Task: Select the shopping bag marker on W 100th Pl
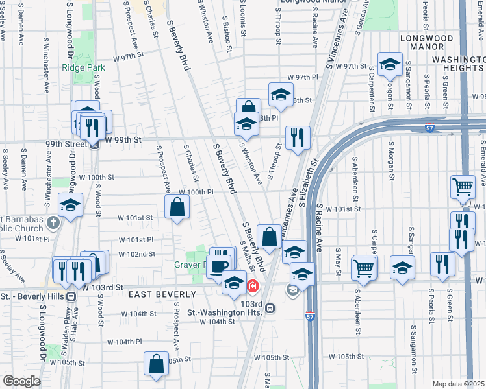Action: (177, 207)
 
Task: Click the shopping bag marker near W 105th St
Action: (157, 364)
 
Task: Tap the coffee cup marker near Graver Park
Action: (218, 265)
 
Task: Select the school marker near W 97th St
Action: (390, 65)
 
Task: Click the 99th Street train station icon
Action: (94, 145)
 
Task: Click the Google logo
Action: (21, 381)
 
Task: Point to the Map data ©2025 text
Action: (457, 384)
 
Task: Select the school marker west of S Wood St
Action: (70, 206)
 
